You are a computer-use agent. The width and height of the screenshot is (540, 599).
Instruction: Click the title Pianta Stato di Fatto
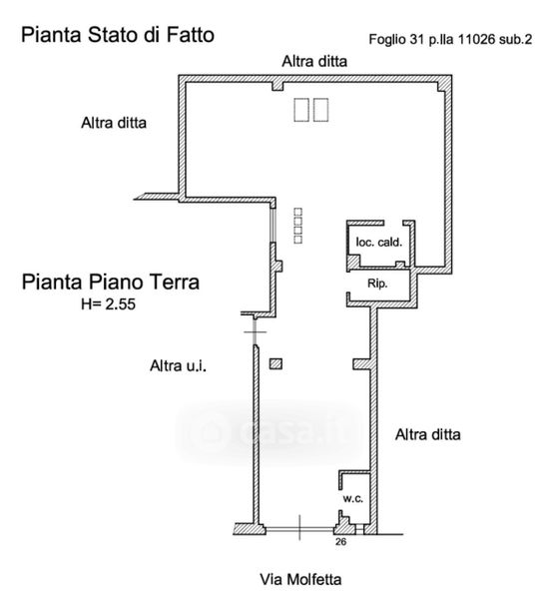coord(117,35)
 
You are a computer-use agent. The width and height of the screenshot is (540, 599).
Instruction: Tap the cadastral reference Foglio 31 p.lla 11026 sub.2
coord(450,39)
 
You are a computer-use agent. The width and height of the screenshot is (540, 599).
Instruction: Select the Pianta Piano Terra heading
coord(111,282)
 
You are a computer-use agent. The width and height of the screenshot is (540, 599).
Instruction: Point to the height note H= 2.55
coord(108,304)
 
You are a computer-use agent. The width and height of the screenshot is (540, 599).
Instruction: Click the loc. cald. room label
coord(379,242)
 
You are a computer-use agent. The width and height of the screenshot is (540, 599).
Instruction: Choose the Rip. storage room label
coord(377,284)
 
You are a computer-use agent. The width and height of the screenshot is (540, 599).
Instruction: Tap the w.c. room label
coord(353,498)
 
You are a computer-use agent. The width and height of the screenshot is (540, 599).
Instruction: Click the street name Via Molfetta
coord(300,579)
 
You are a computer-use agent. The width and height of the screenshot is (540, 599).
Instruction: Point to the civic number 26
coord(340,541)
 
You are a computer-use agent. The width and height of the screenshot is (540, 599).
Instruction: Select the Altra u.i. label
coord(178,365)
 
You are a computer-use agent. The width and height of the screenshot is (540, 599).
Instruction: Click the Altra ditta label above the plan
coord(314,61)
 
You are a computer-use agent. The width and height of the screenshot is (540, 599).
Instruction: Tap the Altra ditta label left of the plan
coord(114,123)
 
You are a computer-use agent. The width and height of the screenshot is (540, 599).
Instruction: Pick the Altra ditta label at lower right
coord(428,434)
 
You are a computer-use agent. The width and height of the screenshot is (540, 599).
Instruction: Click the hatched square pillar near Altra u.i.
coord(275,363)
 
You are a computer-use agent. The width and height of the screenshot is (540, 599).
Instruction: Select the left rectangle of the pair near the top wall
coord(301,110)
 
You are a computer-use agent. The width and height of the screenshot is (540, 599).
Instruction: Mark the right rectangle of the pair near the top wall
coord(320,110)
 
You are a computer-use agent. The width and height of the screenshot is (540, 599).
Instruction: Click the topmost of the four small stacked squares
coord(297,212)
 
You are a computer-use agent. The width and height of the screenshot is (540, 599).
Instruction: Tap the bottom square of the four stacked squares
coord(297,240)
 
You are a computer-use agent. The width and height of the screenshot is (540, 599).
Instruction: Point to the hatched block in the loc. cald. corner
coord(353,262)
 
